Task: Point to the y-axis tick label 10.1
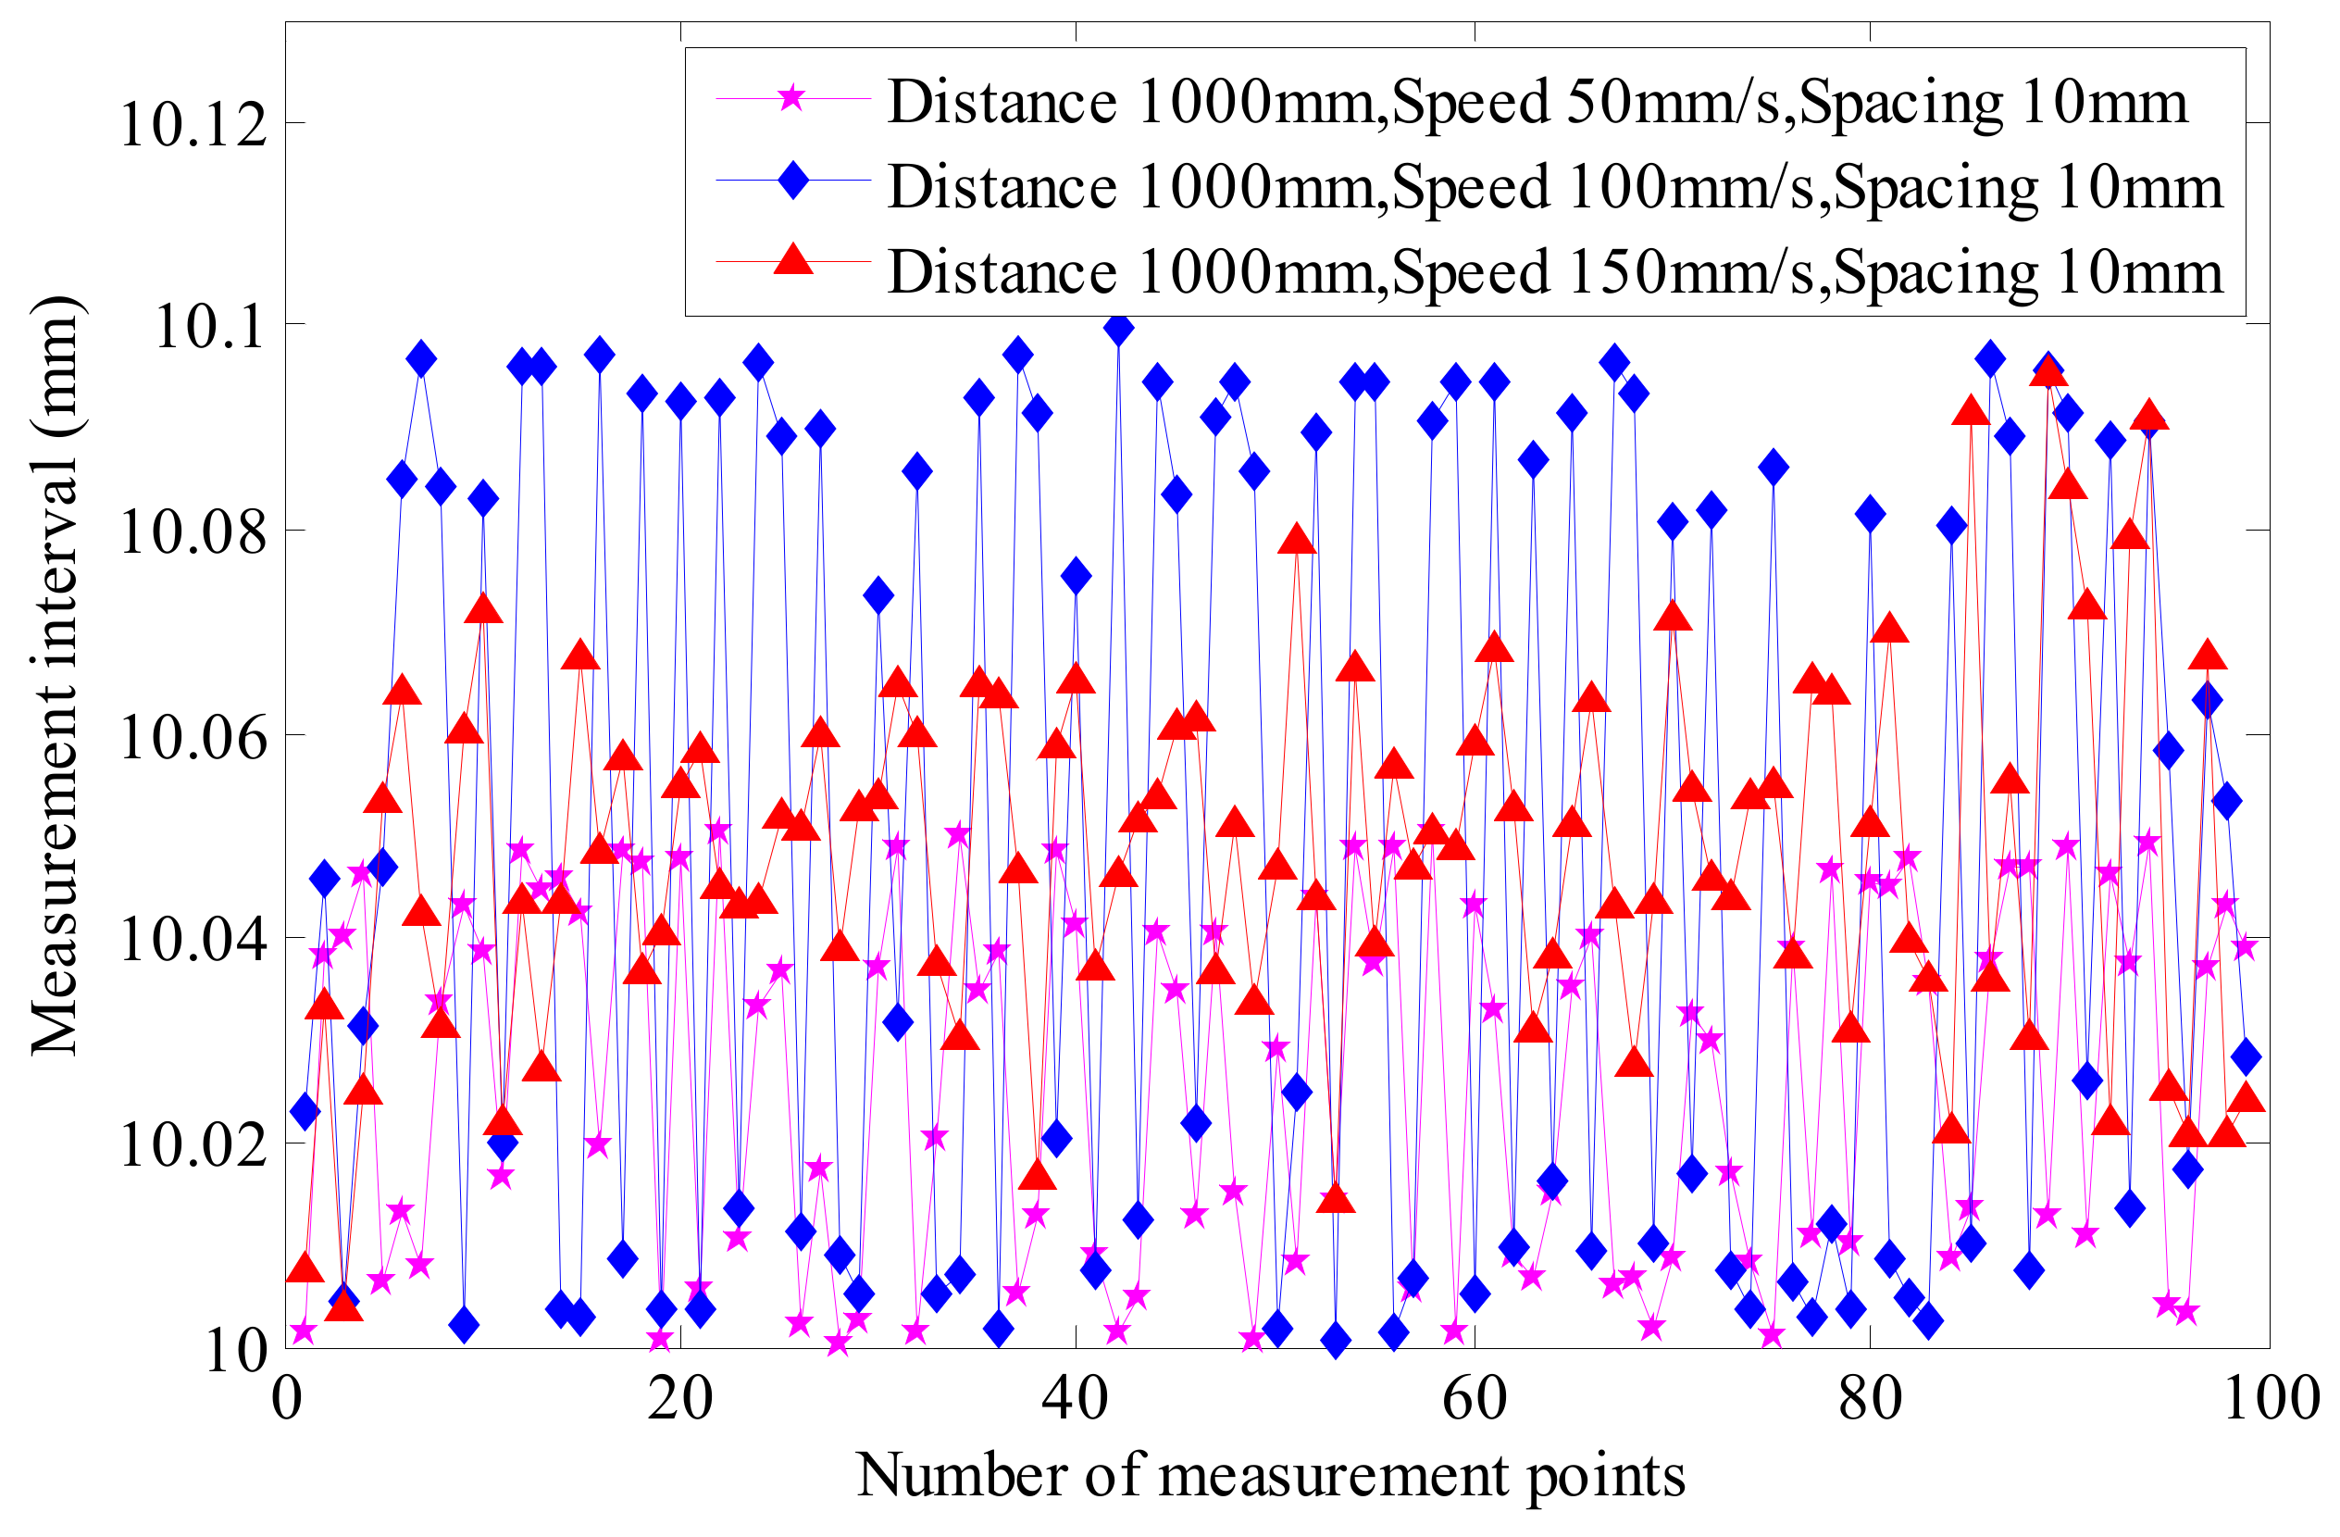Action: (x=210, y=329)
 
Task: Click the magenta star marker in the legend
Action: (x=792, y=98)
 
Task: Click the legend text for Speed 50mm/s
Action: (x=1537, y=102)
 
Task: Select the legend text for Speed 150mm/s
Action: (x=1554, y=272)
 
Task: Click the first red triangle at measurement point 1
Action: (x=305, y=1268)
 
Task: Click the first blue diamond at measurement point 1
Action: (x=305, y=1112)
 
